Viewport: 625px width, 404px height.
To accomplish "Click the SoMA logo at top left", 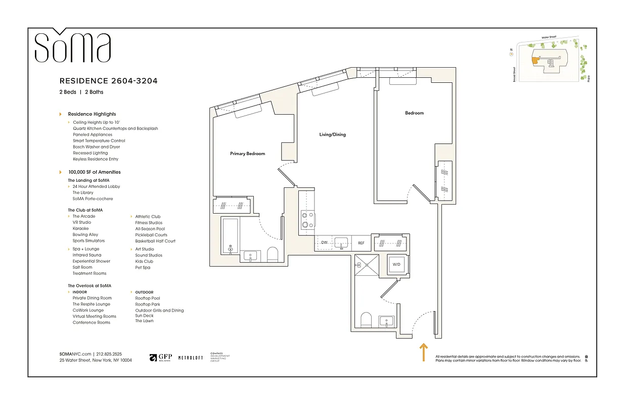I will tap(72, 46).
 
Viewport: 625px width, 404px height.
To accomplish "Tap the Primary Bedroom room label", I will tap(247, 154).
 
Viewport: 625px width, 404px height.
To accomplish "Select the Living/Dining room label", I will tap(332, 135).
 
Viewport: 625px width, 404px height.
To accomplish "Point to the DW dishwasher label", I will tap(324, 243).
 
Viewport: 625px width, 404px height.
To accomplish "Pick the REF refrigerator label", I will tap(361, 243).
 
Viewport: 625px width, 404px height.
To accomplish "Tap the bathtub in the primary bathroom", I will tap(230, 235).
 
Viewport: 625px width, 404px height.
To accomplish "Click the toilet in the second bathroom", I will tap(366, 320).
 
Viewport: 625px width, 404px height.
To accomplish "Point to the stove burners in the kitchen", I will tap(305, 220).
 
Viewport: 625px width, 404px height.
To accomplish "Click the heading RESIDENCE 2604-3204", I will tap(112, 81).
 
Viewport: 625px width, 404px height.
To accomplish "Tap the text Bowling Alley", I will tap(85, 235).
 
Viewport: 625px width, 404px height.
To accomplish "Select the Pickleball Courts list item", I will tap(151, 235).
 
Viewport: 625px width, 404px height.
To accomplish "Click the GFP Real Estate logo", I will tap(161, 358).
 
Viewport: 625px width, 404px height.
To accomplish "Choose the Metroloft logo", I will tap(191, 358).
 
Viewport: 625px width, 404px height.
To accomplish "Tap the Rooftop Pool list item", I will tap(148, 298).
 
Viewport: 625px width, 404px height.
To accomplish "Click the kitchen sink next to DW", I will tap(342, 243).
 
